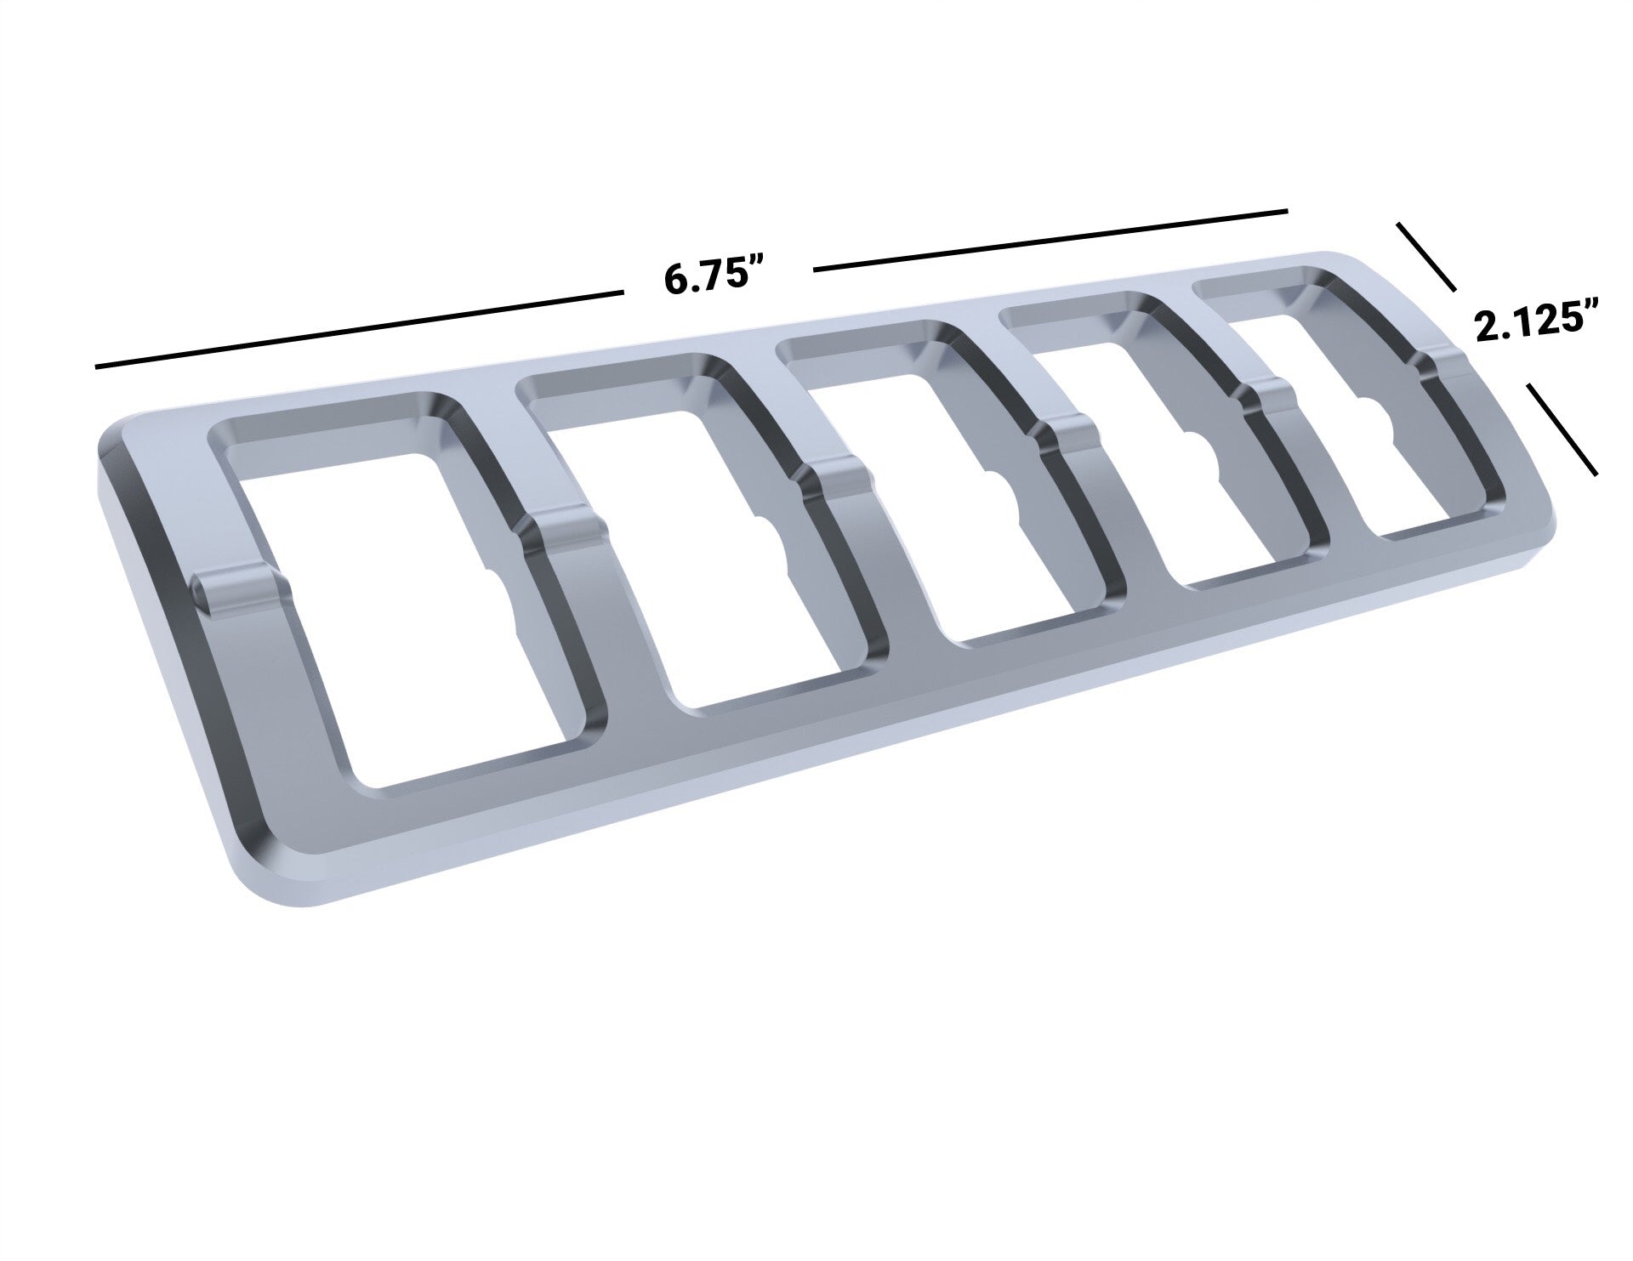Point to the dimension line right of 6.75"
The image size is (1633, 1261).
1050,240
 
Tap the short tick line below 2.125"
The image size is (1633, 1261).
1562,428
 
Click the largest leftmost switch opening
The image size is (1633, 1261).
408,587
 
